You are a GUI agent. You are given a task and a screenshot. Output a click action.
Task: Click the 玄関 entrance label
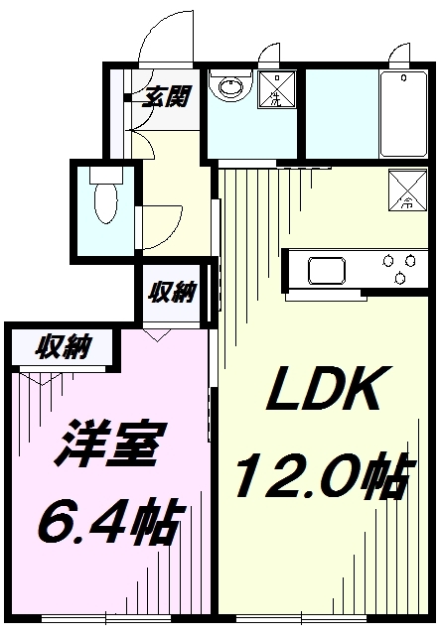166,97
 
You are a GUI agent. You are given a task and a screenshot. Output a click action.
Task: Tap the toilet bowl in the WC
105,202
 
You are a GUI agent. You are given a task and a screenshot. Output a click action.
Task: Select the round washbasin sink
231,87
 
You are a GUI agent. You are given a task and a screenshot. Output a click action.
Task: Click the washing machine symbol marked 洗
277,89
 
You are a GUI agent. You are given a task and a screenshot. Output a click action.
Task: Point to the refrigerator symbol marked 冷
408,190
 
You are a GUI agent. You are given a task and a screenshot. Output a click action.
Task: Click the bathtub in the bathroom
403,115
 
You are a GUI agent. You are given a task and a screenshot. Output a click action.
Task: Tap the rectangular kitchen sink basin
327,271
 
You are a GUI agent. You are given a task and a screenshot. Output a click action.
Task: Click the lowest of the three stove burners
400,278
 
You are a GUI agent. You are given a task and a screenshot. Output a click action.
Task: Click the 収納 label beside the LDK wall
172,292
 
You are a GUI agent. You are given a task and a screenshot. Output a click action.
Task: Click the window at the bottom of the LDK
301,618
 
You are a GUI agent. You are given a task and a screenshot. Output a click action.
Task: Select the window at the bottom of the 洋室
106,618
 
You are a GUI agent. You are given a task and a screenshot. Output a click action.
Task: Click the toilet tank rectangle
106,175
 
